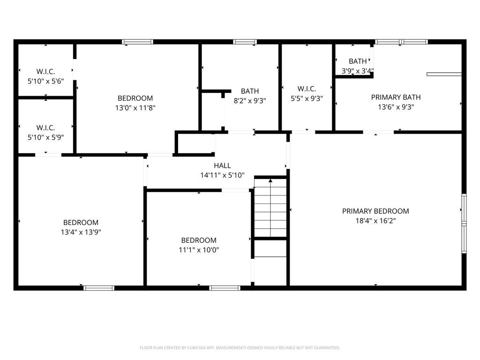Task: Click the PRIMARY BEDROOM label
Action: (x=375, y=211)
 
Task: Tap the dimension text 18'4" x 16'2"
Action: (x=375, y=220)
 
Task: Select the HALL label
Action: (x=222, y=165)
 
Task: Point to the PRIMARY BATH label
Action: (x=396, y=97)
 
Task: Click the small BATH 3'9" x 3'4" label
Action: (x=358, y=61)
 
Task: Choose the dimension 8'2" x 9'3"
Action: (x=250, y=100)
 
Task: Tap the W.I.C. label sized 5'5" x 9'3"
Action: (x=307, y=89)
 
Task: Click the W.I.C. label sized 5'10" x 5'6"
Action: (x=45, y=72)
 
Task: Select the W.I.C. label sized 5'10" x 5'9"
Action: (x=45, y=127)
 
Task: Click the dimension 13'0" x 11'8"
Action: (x=135, y=107)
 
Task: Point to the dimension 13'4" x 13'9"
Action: (x=81, y=232)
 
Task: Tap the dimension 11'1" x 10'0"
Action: (x=199, y=249)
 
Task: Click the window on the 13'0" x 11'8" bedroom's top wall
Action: (x=138, y=42)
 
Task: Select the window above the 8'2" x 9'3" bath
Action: (x=245, y=42)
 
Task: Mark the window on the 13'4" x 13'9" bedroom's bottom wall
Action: (x=99, y=288)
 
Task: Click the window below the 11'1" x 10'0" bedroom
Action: (x=225, y=288)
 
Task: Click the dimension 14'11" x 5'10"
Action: (x=222, y=175)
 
